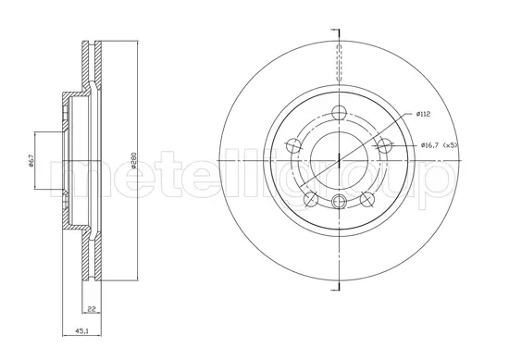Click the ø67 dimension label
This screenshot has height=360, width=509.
click(x=31, y=160)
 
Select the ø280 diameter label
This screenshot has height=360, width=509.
click(x=133, y=160)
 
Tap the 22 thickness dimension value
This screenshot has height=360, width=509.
click(x=92, y=309)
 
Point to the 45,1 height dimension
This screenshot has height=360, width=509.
click(x=81, y=331)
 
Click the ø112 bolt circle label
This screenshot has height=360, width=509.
click(x=423, y=114)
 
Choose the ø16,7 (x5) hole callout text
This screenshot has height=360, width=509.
click(x=439, y=145)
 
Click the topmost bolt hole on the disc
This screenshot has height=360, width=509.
click(x=339, y=112)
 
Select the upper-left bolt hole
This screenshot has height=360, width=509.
click(x=293, y=145)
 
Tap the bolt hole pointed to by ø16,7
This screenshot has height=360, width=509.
click(x=384, y=145)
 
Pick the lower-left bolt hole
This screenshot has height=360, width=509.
click(x=311, y=199)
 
